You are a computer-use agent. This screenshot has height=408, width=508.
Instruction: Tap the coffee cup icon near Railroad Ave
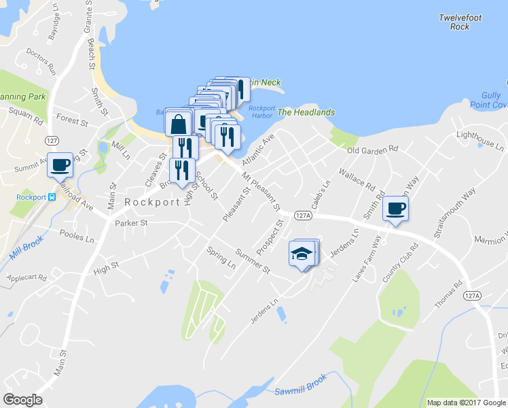click(x=60, y=164)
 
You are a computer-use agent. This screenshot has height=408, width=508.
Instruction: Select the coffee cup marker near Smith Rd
click(x=395, y=209)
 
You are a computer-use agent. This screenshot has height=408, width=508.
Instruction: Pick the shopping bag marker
click(x=178, y=124)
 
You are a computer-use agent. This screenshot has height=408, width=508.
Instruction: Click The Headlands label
click(x=306, y=112)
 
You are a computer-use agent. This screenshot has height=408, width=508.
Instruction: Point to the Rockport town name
click(x=152, y=203)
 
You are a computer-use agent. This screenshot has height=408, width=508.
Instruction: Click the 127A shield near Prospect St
click(x=303, y=215)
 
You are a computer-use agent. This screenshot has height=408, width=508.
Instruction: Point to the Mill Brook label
click(x=27, y=248)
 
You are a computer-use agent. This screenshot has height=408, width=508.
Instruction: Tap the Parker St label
click(x=131, y=222)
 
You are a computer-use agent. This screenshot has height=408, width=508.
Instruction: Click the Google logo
click(x=22, y=400)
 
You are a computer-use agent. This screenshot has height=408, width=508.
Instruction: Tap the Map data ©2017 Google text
click(x=466, y=403)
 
